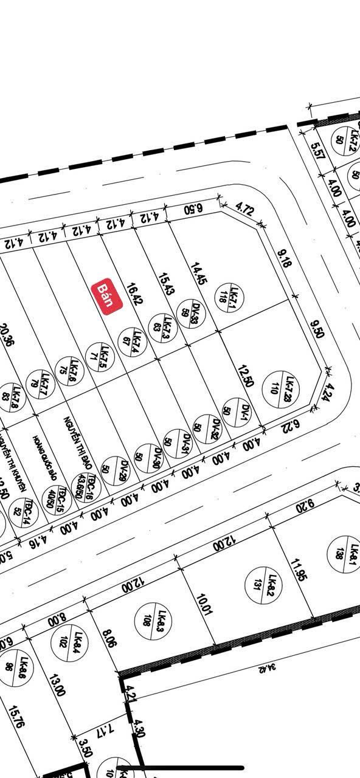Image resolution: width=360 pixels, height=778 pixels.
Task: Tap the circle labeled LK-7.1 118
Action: (229, 297)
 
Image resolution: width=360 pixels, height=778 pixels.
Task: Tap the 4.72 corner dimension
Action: (244, 211)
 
